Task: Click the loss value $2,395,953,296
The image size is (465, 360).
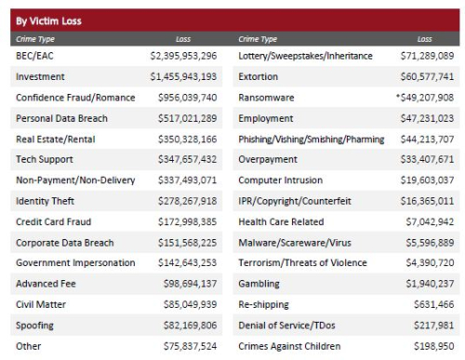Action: click(x=183, y=57)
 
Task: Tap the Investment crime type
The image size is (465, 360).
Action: click(x=40, y=77)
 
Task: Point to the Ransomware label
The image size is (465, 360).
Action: click(x=268, y=98)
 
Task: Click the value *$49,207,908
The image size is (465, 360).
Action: click(x=424, y=98)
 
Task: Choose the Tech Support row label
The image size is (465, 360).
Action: click(x=45, y=160)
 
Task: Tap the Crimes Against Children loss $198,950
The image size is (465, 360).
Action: click(x=433, y=345)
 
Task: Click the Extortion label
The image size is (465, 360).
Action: click(x=261, y=77)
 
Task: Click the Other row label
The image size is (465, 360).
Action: click(x=28, y=345)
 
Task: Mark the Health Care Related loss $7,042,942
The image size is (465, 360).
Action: click(x=429, y=221)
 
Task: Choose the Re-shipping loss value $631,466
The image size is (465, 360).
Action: click(x=433, y=304)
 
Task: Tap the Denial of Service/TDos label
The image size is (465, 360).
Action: click(x=288, y=325)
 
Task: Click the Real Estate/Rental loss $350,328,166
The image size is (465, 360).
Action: click(x=186, y=140)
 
